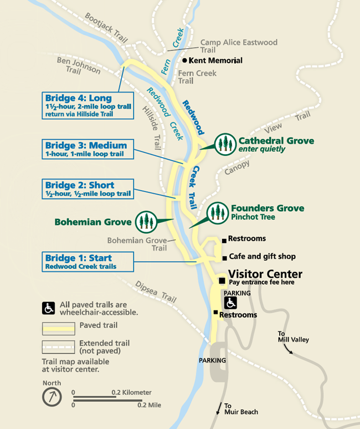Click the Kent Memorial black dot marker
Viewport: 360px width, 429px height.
pyautogui.click(x=184, y=60)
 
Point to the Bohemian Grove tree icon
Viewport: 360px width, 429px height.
pyautogui.click(x=146, y=222)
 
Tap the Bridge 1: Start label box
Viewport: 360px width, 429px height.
pyautogui.click(x=88, y=262)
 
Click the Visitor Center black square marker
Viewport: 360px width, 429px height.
pyautogui.click(x=222, y=280)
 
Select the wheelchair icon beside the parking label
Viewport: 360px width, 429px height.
pyautogui.click(x=231, y=303)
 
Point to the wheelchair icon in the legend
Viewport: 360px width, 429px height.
pyautogui.click(x=49, y=308)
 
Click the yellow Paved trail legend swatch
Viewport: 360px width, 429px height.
pyautogui.click(x=58, y=328)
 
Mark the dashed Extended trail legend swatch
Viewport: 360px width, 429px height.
pyautogui.click(x=58, y=346)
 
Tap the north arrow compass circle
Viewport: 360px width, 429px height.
pyautogui.click(x=51, y=397)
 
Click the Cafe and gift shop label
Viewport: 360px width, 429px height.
pyautogui.click(x=262, y=257)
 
